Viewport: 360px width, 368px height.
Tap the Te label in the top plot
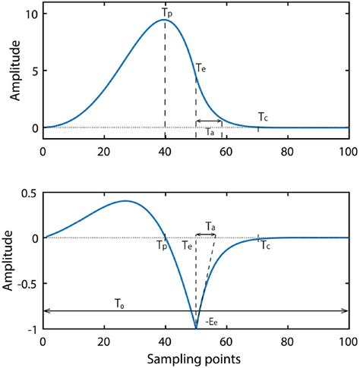coord(200,68)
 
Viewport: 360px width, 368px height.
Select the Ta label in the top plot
coord(210,133)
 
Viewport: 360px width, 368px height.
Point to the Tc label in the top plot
coord(263,117)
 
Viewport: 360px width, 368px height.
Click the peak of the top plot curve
coord(165,20)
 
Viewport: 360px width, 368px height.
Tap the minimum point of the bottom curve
coord(196,329)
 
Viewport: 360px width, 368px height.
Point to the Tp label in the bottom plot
coord(162,246)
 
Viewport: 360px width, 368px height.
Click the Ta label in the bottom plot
coord(210,225)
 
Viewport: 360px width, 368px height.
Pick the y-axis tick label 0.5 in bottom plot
coord(28,193)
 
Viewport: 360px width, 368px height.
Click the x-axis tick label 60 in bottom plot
coord(226,341)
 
